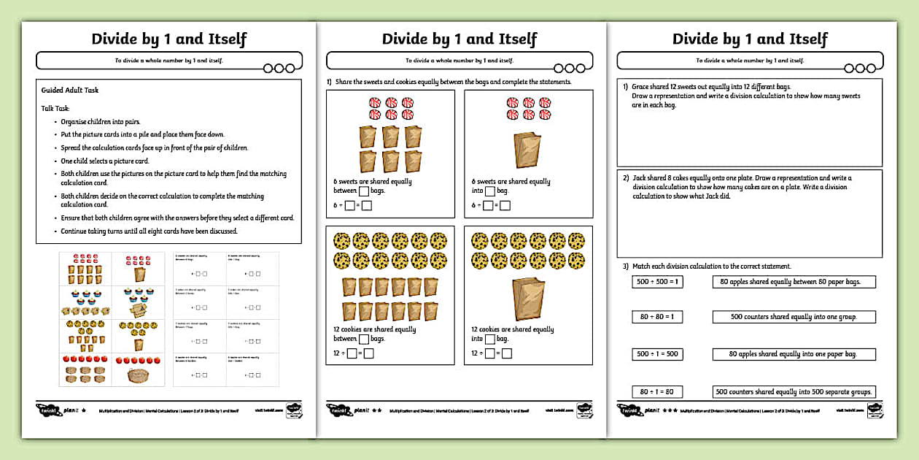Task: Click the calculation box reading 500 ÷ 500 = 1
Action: tap(657, 282)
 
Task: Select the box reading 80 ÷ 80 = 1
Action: tap(657, 317)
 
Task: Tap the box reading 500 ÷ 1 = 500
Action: tap(657, 354)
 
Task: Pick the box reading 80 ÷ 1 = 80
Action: tap(657, 392)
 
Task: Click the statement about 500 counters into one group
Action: tap(794, 317)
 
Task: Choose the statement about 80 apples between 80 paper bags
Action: tap(794, 282)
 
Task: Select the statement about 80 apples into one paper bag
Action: tap(794, 354)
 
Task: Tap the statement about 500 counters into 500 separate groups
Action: tap(794, 392)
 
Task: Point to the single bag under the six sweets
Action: tap(528, 150)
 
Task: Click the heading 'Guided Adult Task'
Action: tap(70, 91)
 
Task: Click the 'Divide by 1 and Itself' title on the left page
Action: tap(168, 39)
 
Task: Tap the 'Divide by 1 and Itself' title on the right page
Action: tap(750, 39)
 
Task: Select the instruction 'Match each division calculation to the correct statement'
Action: tap(711, 267)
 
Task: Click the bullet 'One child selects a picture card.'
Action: tap(105, 161)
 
